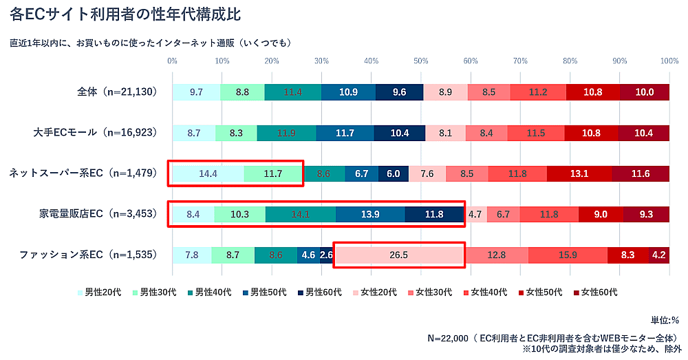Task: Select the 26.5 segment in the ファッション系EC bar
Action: pyautogui.click(x=398, y=255)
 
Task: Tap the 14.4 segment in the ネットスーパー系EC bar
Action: pyautogui.click(x=208, y=173)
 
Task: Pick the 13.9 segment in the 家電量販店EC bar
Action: pyautogui.click(x=370, y=214)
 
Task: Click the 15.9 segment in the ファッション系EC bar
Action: pyautogui.click(x=568, y=255)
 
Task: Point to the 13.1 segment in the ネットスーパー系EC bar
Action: pyautogui.click(x=579, y=173)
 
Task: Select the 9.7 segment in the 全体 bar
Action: pyautogui.click(x=196, y=92)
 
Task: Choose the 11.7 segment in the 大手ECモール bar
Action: pyautogui.click(x=345, y=133)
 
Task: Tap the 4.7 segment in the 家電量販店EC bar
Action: pyautogui.click(x=475, y=214)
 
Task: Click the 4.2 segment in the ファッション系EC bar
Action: pyautogui.click(x=658, y=255)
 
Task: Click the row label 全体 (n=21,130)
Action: pyautogui.click(x=118, y=92)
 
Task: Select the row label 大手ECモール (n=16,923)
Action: pyautogui.click(x=96, y=133)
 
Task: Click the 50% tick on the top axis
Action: pyautogui.click(x=421, y=61)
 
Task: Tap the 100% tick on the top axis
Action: pyautogui.click(x=669, y=61)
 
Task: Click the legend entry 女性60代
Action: pyautogui.click(x=595, y=292)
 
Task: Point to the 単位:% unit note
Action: pyautogui.click(x=665, y=320)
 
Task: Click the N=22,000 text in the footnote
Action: pyautogui.click(x=447, y=338)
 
